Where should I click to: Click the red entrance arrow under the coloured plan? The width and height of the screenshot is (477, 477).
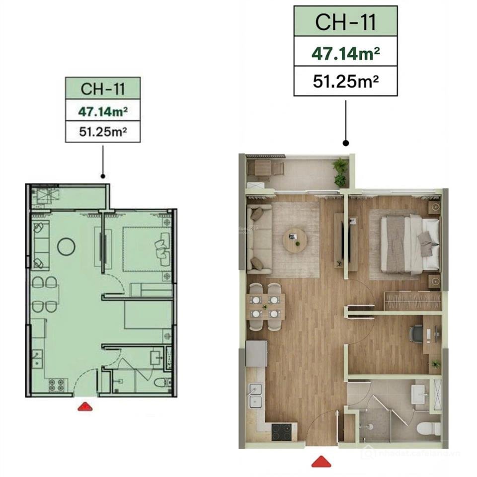click(321, 462)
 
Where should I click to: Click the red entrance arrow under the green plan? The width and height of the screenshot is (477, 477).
click(85, 406)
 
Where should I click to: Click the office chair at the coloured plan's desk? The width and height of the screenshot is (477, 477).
click(416, 333)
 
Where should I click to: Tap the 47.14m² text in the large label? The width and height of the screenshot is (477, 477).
click(346, 52)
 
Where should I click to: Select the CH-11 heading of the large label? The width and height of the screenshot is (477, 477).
click(346, 22)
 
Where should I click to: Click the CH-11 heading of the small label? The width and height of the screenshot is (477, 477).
click(103, 88)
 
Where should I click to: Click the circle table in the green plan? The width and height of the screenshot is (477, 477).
click(66, 245)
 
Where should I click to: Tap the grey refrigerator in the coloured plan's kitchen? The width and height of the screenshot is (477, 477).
click(257, 353)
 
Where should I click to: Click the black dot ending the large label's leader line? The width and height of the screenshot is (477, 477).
click(346, 143)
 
